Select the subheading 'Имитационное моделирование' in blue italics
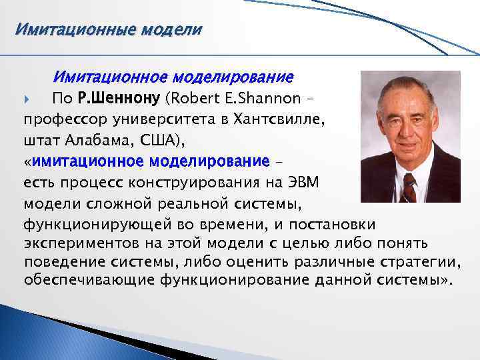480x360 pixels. point(173,78)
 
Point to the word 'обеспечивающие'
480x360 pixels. point(90,279)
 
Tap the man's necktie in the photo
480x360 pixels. point(408,184)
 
